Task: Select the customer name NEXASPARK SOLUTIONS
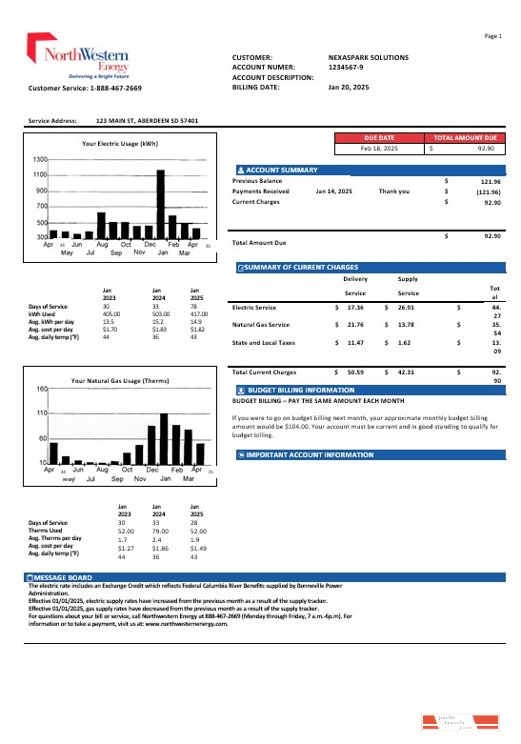[368, 57]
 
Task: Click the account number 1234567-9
[347, 67]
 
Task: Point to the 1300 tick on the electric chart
[40, 159]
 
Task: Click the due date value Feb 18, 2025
[378, 149]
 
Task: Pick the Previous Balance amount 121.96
[491, 180]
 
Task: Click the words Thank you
[394, 191]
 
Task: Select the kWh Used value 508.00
[159, 312]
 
